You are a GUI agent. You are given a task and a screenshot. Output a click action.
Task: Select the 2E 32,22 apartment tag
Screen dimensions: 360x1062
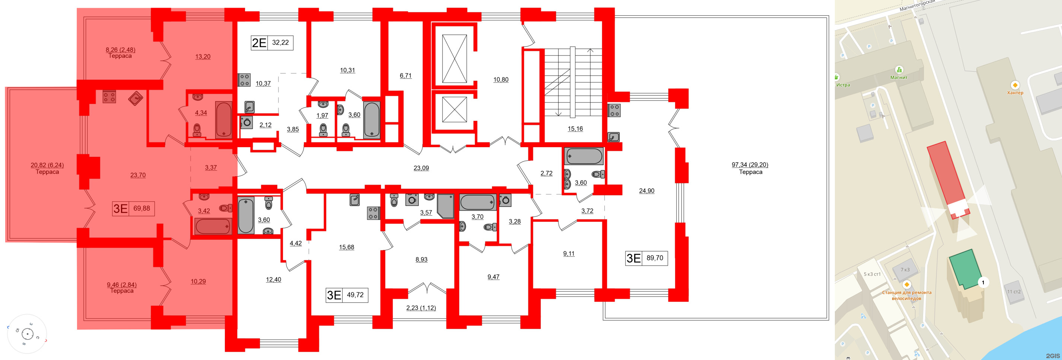(x=272, y=42)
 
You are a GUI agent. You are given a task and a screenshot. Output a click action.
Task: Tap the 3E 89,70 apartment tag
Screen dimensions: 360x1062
(x=646, y=258)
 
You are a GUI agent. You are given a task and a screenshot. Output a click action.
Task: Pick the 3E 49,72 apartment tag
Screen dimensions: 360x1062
(x=346, y=295)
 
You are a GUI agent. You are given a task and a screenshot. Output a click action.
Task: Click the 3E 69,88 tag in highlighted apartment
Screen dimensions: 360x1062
(x=133, y=208)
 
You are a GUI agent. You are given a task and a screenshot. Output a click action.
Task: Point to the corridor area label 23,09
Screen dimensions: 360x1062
(x=421, y=168)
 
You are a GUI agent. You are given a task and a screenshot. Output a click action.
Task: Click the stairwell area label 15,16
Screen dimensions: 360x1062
(x=575, y=129)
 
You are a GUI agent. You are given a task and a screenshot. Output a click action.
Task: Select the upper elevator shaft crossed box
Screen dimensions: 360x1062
(x=454, y=59)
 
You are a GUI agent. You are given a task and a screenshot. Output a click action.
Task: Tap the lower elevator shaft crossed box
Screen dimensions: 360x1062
(x=454, y=109)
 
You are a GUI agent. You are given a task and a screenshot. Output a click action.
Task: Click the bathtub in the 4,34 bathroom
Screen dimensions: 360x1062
(x=223, y=120)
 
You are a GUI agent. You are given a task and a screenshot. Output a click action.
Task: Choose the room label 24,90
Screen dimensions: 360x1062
(x=646, y=190)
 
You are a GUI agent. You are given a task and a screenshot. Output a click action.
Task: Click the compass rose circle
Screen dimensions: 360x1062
(x=27, y=334)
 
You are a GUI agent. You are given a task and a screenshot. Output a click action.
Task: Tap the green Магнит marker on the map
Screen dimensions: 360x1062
(x=899, y=70)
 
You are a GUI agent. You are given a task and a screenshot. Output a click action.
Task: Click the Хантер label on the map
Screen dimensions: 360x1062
(x=1015, y=93)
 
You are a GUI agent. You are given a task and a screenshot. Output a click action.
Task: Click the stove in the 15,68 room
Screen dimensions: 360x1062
(x=373, y=213)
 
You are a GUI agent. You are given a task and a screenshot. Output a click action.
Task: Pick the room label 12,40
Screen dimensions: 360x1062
(x=273, y=280)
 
